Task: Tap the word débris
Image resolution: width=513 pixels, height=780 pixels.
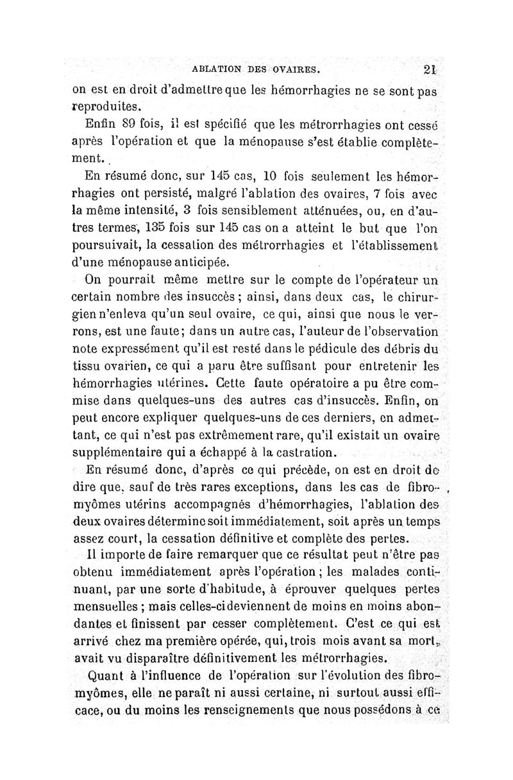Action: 403,349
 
